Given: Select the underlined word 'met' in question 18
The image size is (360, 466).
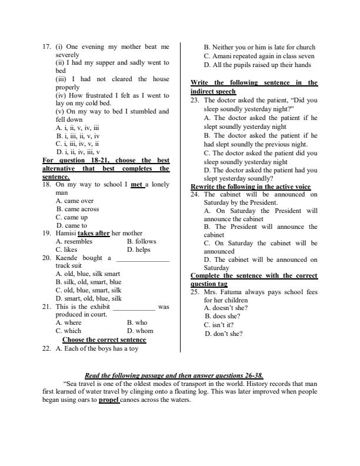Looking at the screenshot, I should coord(137,185).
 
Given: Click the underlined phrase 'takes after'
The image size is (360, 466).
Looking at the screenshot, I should coord(94,233).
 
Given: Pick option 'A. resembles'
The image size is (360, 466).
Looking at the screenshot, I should coord(74,241).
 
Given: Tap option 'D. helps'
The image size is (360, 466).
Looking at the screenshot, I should coord(139,249).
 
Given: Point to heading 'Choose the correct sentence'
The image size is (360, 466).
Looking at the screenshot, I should coord(104,339).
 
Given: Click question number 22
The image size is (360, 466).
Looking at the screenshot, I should coord(47,348).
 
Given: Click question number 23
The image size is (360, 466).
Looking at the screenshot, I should coord(195,100).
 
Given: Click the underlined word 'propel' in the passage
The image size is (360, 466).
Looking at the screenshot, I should coord(109,400).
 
